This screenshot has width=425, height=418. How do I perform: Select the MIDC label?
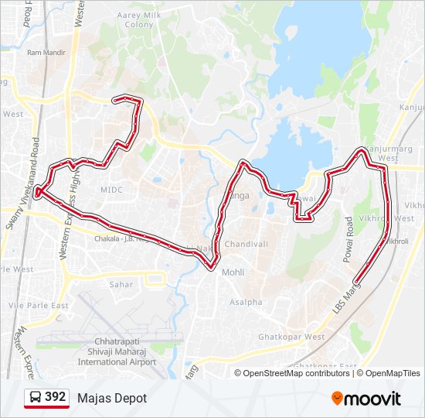[111, 189]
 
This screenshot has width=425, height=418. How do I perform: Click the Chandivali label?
[246, 244]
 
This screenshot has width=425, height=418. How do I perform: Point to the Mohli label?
[233, 272]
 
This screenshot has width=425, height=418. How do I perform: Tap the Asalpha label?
[246, 302]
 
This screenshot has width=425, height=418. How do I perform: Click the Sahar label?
[121, 285]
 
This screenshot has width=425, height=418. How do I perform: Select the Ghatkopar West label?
[291, 337]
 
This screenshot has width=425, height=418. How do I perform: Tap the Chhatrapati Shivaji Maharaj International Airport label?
[117, 351]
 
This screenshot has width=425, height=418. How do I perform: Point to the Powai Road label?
[348, 236]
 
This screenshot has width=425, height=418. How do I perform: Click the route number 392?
[55, 397]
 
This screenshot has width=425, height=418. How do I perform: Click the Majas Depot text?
[111, 398]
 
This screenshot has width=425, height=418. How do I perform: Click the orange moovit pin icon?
[338, 398]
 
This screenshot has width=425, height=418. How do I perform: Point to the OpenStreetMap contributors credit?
[296, 373]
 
